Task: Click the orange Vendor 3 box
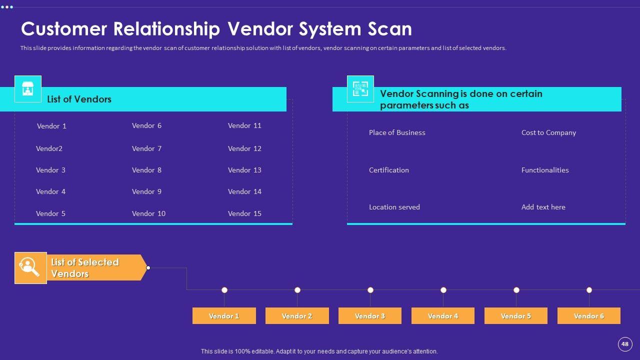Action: [370, 316]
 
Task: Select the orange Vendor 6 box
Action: [588, 316]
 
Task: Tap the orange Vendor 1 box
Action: [224, 316]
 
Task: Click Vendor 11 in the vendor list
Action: [244, 125]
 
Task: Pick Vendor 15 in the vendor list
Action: [244, 213]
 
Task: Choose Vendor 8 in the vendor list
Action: [146, 170]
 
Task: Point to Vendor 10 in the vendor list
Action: [148, 213]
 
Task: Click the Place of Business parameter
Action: [397, 132]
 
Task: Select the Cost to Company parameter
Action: [548, 132]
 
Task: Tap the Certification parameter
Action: [388, 170]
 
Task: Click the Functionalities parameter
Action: [545, 170]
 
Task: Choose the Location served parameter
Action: [394, 207]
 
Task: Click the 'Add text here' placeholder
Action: [543, 207]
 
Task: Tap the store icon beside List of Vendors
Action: [28, 89]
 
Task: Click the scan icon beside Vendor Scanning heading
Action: [360, 89]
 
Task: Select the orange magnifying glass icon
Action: [30, 268]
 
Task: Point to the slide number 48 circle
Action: [624, 344]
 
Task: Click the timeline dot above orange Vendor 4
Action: [443, 290]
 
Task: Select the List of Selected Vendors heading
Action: [85, 268]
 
